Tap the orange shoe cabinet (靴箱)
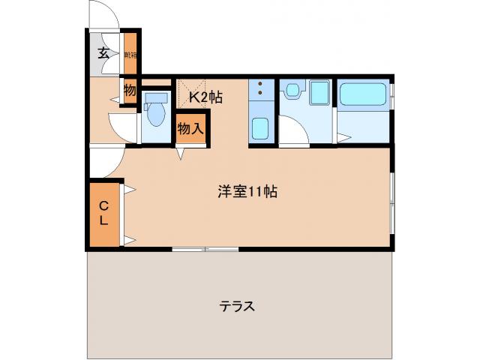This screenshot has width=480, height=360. [x=131, y=54]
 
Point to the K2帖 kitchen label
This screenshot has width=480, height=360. [x=205, y=97]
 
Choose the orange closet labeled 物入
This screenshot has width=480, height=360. [x=190, y=129]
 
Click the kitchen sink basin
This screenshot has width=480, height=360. [x=260, y=128]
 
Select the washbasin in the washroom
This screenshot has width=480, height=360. [x=292, y=90]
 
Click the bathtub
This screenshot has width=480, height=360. [x=361, y=95]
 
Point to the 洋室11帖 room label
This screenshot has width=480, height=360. [x=247, y=191]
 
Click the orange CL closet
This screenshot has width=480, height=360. [x=104, y=214]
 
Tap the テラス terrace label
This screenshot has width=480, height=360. [x=238, y=306]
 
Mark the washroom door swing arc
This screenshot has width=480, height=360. [x=294, y=130]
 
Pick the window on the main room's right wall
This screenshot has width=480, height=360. [x=392, y=199]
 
